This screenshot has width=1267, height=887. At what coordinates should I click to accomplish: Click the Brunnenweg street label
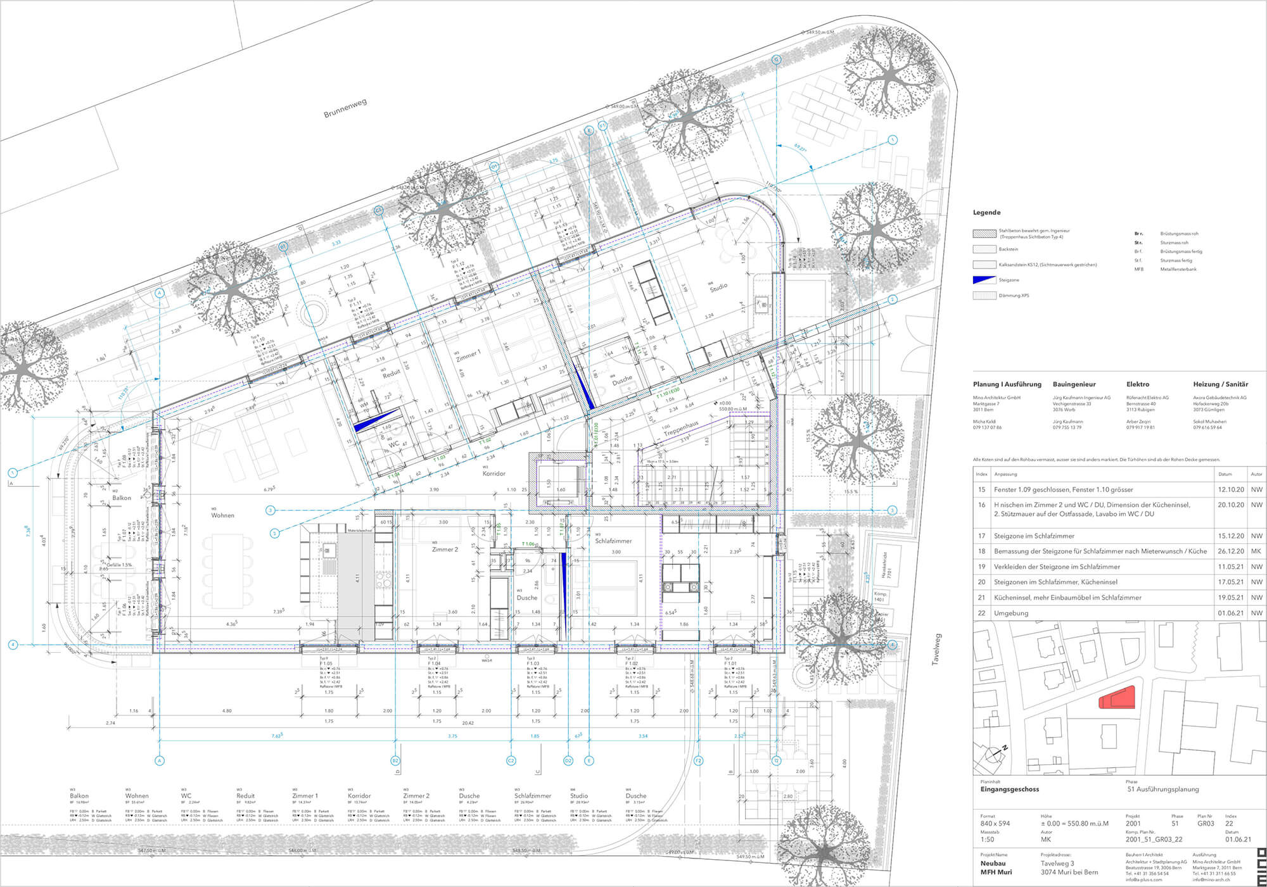345,108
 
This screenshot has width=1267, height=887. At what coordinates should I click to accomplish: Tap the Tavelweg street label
936,648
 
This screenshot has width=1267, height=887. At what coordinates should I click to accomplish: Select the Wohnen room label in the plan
223,515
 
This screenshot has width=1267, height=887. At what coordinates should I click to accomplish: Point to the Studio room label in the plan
718,287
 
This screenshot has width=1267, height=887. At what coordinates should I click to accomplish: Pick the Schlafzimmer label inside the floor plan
613,541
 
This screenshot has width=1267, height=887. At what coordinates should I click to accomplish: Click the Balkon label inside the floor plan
122,498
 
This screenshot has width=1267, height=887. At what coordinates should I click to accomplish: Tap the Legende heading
986,213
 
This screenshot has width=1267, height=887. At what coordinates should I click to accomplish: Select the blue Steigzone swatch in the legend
984,280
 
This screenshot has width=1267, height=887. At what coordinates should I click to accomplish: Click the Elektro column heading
1138,384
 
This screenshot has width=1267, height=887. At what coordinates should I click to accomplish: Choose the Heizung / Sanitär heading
1220,384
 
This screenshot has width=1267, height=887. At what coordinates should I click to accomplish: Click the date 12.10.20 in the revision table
1230,489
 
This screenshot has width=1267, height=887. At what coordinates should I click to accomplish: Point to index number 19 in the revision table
981,567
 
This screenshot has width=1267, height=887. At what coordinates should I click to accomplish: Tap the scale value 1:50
987,840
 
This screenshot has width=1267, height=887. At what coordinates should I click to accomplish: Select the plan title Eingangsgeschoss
1009,789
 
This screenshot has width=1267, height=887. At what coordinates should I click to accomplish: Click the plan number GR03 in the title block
1206,824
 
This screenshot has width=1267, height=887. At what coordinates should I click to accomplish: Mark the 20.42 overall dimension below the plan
468,722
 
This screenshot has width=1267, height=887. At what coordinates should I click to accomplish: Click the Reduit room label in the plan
392,374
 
